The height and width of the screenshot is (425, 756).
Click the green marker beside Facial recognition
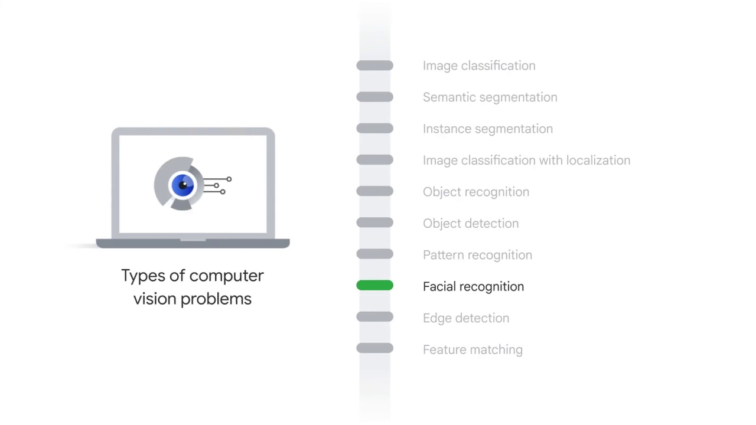[x=374, y=286]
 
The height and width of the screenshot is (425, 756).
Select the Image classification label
[x=479, y=66]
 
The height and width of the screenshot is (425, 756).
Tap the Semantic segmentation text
[x=490, y=97]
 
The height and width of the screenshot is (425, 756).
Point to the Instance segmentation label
[x=487, y=129]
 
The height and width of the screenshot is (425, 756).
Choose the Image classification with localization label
[x=526, y=161]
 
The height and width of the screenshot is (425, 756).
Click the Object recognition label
[x=475, y=192]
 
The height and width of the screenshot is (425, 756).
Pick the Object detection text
[x=470, y=223]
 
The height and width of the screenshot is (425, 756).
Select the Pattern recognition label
[x=477, y=255]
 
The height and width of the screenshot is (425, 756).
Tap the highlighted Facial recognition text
[x=473, y=286]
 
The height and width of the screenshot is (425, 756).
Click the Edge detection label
[x=465, y=318]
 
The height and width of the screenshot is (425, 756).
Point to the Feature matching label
[x=472, y=349]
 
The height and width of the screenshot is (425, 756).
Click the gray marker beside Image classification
[x=374, y=66]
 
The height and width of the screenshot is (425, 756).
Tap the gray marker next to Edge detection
[x=374, y=318]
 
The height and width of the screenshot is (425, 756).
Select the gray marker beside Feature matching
[x=374, y=349]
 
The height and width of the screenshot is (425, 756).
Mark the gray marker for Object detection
[x=374, y=223]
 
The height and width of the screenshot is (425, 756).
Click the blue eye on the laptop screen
[x=183, y=185]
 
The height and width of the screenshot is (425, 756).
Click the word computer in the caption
[x=226, y=276]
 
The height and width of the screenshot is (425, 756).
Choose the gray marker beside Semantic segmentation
[x=374, y=97]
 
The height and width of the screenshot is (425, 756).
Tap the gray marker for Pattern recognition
[x=374, y=254]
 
